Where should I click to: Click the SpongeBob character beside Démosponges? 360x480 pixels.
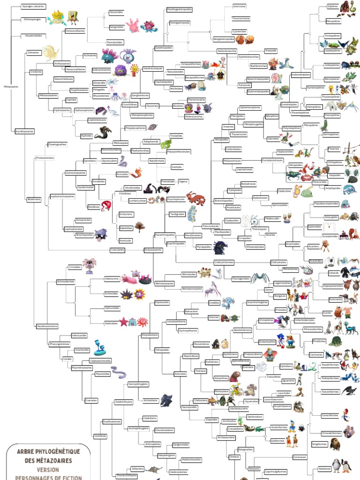(x=73, y=18)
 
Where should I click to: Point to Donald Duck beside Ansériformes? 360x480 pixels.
(x=292, y=426)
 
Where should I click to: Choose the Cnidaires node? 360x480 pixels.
(x=36, y=72)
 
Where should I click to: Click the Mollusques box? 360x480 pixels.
(x=120, y=142)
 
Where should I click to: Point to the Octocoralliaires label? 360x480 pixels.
(x=75, y=31)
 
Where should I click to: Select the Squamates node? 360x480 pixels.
(x=252, y=401)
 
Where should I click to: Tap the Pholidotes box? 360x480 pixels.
(x=319, y=341)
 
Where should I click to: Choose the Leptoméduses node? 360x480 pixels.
(x=97, y=120)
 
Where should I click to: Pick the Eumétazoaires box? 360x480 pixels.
(x=24, y=131)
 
